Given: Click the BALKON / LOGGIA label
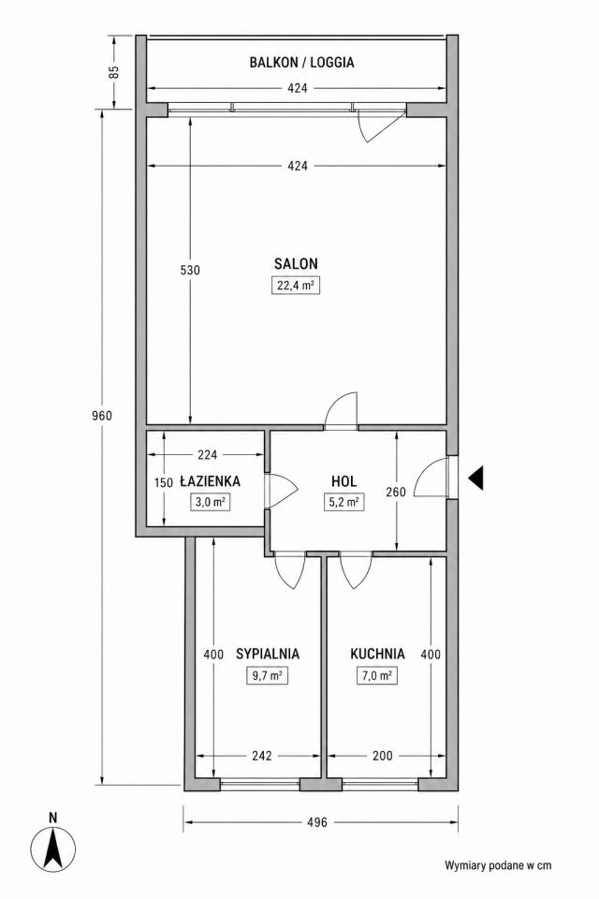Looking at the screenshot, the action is (x=301, y=63).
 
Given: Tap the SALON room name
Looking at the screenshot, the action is (x=296, y=264).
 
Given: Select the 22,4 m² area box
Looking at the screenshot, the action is (x=295, y=285).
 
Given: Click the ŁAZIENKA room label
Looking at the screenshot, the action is (x=210, y=480).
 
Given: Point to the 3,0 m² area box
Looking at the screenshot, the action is (x=210, y=502).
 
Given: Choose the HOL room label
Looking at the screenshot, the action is (x=343, y=480).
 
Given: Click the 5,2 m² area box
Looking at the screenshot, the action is (x=343, y=502).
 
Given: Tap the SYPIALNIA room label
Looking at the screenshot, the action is (x=268, y=654).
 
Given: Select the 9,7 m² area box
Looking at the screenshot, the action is (x=267, y=675).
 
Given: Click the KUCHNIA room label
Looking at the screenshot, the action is (x=377, y=654).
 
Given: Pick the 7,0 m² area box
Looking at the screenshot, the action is (x=376, y=675).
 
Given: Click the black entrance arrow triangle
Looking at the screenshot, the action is (x=475, y=478).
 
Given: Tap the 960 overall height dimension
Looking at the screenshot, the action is (x=102, y=416).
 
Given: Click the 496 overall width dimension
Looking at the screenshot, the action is (x=316, y=822).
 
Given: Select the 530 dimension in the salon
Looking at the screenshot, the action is (x=190, y=270).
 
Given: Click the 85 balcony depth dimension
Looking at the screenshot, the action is (x=114, y=72).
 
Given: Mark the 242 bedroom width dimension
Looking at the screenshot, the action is (x=261, y=756).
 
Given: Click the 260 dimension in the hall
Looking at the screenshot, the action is (x=396, y=492).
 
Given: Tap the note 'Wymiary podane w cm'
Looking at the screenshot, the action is (x=498, y=865).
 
